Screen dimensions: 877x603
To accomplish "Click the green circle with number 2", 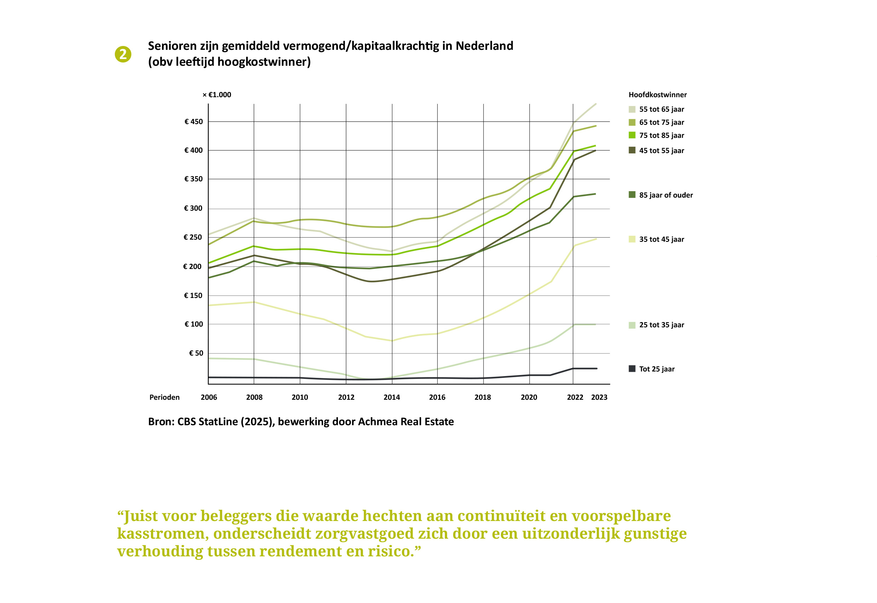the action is pos(123,54).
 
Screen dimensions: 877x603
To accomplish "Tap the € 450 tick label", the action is pos(193,122).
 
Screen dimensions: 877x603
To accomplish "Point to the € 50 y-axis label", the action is pos(196,353).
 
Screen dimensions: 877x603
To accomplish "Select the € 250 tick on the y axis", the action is pos(193,237).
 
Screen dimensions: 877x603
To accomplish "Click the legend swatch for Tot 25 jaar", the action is pos(632,369).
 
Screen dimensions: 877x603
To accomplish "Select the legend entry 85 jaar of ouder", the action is pos(660,195).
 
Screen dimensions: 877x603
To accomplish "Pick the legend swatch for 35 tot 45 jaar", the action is pos(632,239).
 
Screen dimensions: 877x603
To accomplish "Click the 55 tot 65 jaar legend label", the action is pos(662,109).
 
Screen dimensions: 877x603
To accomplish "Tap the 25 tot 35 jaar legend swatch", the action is pos(632,325).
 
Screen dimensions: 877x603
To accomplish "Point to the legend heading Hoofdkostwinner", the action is pos(657,95).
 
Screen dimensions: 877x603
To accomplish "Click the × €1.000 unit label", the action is pos(217,95).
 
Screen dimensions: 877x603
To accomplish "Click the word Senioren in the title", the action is pos(172,46).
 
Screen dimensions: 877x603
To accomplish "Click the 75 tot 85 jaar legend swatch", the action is pos(632,135).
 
